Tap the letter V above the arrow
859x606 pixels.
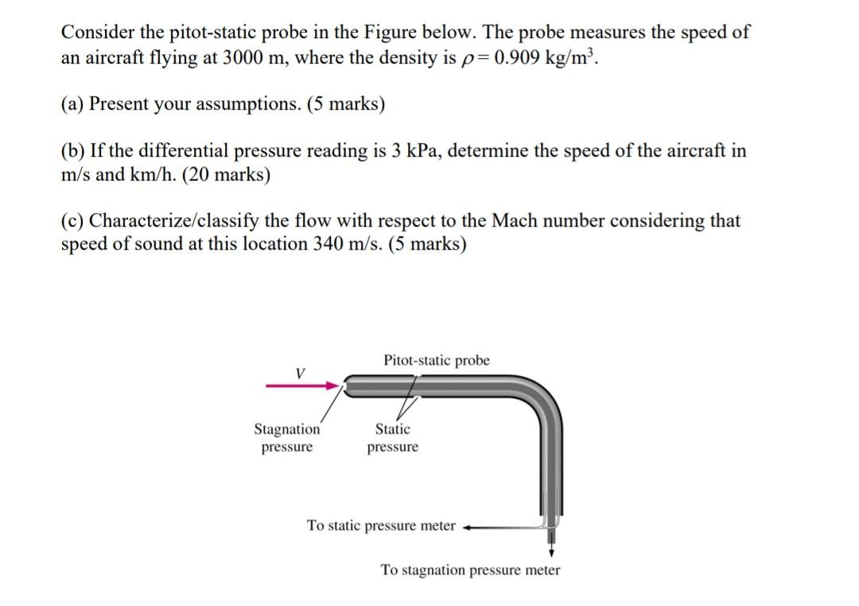(x=299, y=371)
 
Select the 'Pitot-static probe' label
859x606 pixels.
(x=437, y=360)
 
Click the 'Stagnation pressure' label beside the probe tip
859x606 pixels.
(x=287, y=438)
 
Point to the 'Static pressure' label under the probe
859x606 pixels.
(x=393, y=438)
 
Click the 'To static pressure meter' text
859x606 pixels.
(x=382, y=526)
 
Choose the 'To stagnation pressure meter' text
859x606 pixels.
(x=470, y=570)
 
